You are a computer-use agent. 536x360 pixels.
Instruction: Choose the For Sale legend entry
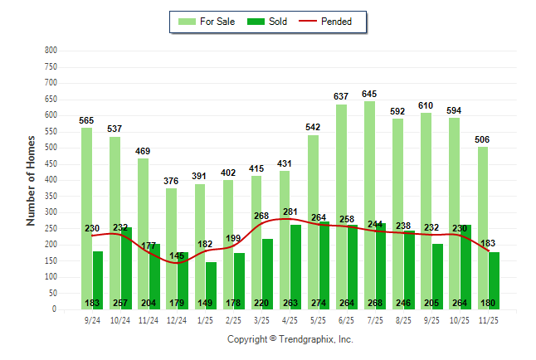pyautogui.click(x=207, y=22)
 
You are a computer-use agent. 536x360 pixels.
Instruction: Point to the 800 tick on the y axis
pyautogui.click(x=51, y=51)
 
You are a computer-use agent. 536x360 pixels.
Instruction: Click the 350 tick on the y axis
pyautogui.click(x=51, y=197)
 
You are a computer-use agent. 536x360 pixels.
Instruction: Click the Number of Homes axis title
pyautogui.click(x=31, y=180)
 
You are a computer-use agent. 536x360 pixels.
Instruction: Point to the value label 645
pyautogui.click(x=369, y=94)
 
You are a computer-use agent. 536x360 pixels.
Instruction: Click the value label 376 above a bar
pyautogui.click(x=171, y=181)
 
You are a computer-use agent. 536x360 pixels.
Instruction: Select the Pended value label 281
pyautogui.click(x=290, y=212)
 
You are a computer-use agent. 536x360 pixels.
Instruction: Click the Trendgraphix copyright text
pyautogui.click(x=290, y=339)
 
